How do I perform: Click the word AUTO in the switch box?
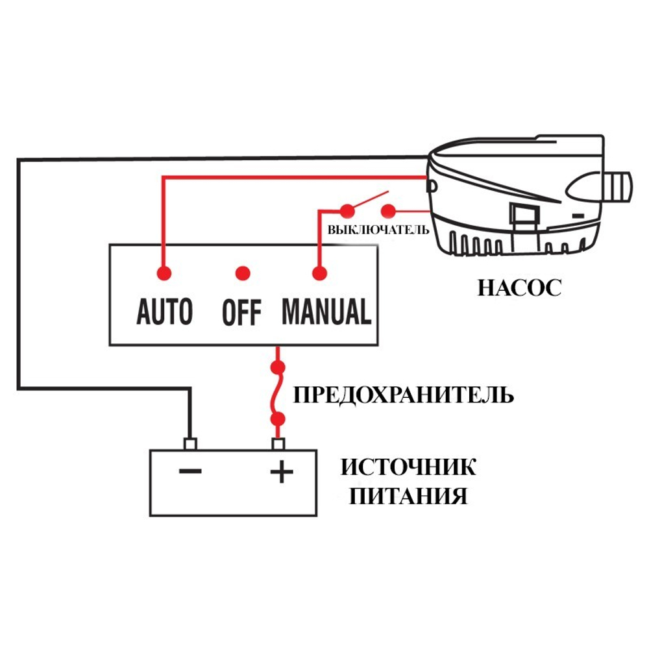(165, 312)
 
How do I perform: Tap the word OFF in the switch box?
(241, 312)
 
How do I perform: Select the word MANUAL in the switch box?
(326, 312)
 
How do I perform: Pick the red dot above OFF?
(243, 273)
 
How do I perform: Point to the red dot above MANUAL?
(318, 273)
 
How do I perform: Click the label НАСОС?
(519, 288)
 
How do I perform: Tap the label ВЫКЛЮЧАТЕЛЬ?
(378, 230)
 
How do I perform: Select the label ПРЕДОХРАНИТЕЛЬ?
(404, 395)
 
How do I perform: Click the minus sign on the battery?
(190, 471)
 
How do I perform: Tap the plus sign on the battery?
(281, 472)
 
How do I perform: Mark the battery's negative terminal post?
(190, 444)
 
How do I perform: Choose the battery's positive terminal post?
(279, 444)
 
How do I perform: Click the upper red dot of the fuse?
(280, 368)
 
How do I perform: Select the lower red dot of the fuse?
(280, 418)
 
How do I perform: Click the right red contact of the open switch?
(388, 210)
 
